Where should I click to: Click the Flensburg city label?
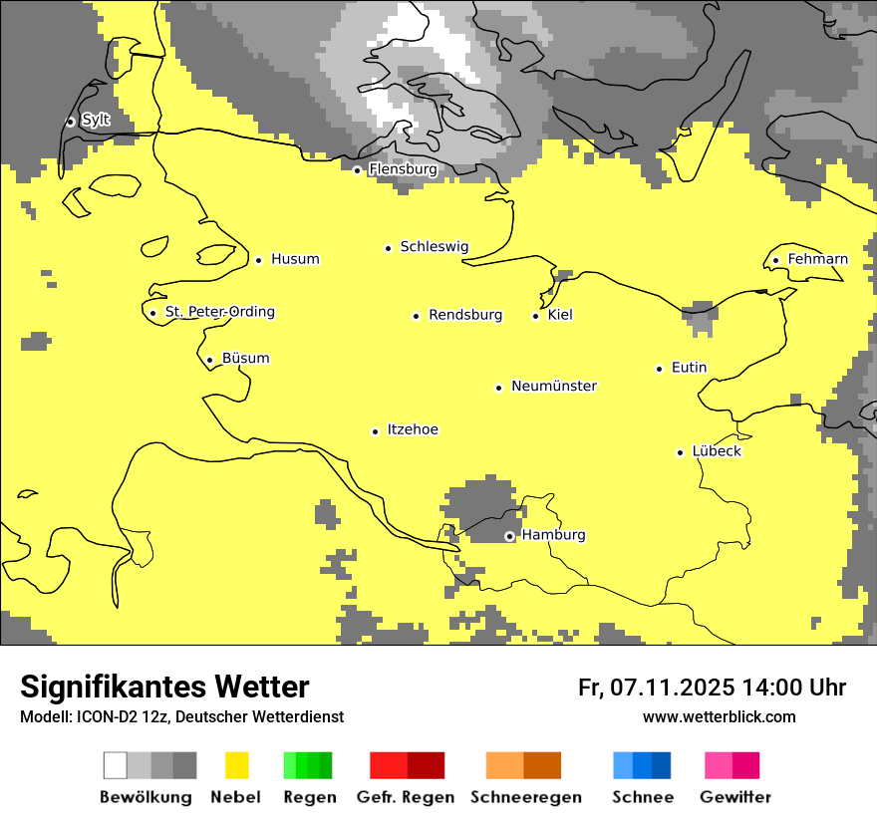(x=403, y=169)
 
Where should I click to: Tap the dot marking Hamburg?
(x=509, y=536)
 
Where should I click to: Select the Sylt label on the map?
(x=96, y=120)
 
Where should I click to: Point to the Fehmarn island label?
(x=817, y=259)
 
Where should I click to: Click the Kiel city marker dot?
(x=535, y=316)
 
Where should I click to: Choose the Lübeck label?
(x=717, y=451)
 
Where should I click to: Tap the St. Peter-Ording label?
(x=219, y=312)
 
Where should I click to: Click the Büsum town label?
(x=245, y=359)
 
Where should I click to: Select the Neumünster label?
(x=554, y=386)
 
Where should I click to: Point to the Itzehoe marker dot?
(x=375, y=431)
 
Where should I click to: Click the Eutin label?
(x=689, y=368)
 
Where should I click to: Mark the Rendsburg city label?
(x=465, y=315)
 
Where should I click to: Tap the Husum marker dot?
(x=258, y=260)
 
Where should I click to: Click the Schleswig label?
(x=434, y=246)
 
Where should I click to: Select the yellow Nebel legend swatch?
(x=237, y=765)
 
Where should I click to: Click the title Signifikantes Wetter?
(x=164, y=688)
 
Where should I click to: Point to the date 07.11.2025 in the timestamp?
(x=672, y=688)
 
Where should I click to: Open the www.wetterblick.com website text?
(x=720, y=717)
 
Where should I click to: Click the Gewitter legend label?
(x=735, y=797)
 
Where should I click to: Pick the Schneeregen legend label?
(x=526, y=797)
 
